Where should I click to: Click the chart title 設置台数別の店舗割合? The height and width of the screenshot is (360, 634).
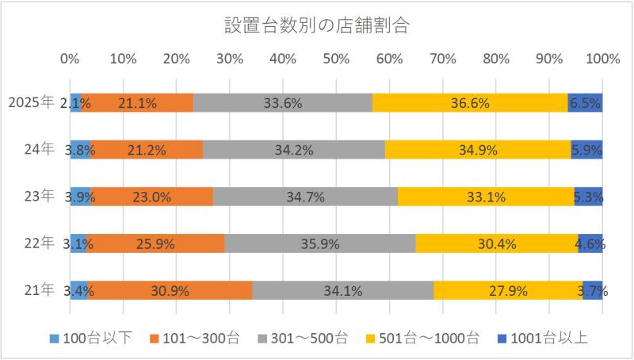pyautogui.click(x=316, y=25)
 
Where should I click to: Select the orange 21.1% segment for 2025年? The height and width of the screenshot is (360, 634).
pyautogui.click(x=137, y=102)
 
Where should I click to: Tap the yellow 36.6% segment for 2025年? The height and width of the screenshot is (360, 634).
pyautogui.click(x=470, y=102)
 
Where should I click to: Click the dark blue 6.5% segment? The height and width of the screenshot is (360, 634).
pyautogui.click(x=586, y=102)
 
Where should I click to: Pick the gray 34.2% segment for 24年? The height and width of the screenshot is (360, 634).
pyautogui.click(x=294, y=149)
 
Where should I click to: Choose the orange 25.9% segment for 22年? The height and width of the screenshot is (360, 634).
pyautogui.click(x=155, y=243)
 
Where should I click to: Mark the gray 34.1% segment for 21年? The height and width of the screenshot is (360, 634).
pyautogui.click(x=342, y=290)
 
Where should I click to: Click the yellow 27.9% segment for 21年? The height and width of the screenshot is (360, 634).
pyautogui.click(x=508, y=290)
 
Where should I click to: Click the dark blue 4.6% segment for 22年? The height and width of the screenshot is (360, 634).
pyautogui.click(x=590, y=243)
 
